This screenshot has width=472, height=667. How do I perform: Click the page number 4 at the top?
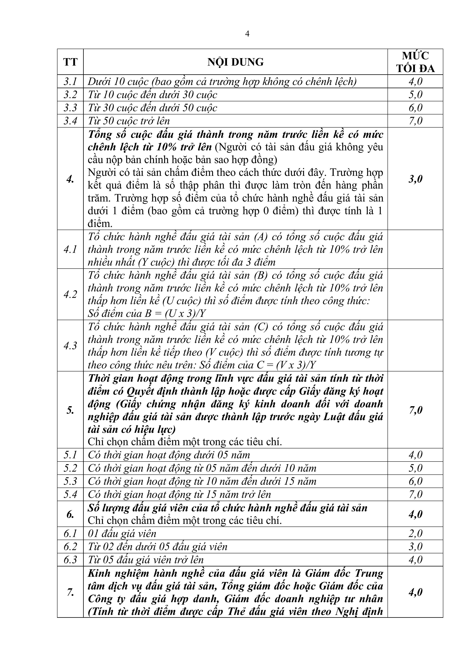pos(247,34)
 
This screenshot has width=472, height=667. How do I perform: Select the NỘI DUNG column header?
pos(235,62)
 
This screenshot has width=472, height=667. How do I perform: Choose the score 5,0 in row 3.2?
pos(415,95)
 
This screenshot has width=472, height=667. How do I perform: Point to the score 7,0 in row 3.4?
pos(415,121)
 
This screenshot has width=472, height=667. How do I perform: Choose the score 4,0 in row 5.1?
pos(415,455)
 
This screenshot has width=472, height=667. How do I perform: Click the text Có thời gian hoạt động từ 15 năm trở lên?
pos(179,494)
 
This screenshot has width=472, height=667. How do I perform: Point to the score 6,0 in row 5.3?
pos(415,481)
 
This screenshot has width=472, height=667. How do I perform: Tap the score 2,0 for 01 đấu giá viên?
pos(415,534)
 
